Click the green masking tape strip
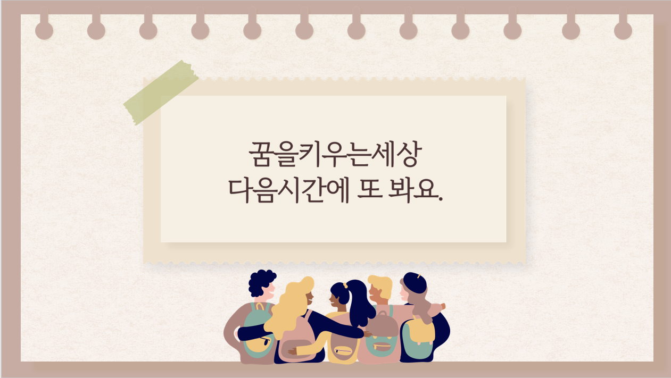161,93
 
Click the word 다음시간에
289,191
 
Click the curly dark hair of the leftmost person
261,282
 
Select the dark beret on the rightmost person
415,283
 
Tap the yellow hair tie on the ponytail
345,285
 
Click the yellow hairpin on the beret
419,275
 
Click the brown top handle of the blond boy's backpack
383,314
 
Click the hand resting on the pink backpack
293,351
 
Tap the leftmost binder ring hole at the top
44,30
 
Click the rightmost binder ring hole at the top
623,30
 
